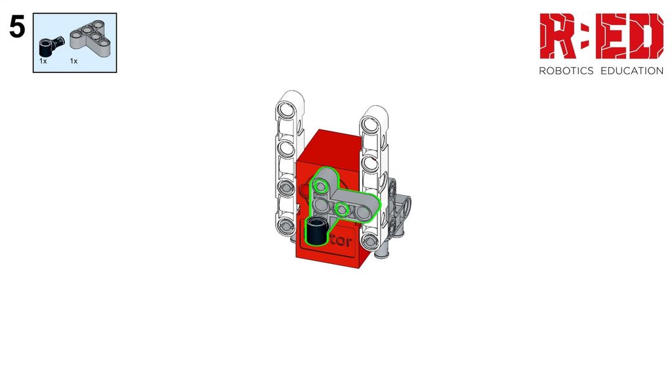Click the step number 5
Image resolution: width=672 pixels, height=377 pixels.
17,28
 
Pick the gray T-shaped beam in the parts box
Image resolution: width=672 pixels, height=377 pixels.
91,39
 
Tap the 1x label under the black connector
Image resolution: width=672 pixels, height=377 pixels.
43,61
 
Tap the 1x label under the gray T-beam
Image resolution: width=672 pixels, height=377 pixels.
73,61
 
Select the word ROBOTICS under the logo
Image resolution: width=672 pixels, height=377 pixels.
566,71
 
